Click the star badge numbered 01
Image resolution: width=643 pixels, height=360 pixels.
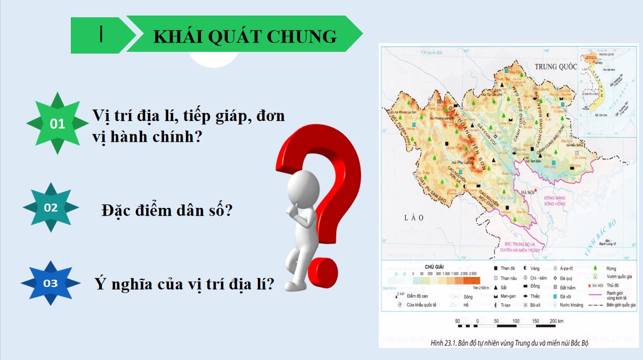58,123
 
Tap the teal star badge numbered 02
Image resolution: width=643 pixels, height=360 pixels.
51,208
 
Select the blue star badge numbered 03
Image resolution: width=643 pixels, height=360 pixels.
51,283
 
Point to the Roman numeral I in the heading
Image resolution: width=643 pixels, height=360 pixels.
101,34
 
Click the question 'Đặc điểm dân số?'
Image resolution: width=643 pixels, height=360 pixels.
166,210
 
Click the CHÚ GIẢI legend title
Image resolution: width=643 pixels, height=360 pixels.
437,267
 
